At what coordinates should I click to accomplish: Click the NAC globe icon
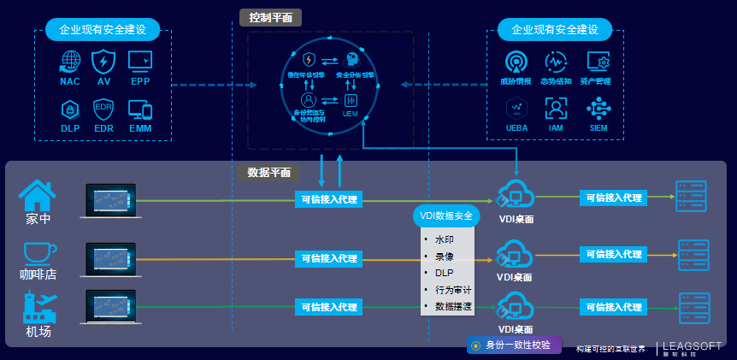70,61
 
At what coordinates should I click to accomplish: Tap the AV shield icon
103,61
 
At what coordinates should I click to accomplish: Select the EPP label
140,82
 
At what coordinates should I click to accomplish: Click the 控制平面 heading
270,17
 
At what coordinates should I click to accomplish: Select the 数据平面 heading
268,172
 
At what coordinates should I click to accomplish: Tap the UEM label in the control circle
350,113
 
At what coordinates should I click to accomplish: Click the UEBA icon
516,108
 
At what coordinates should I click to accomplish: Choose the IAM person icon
556,108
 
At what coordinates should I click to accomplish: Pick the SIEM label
598,128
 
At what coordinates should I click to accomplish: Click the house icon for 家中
37,195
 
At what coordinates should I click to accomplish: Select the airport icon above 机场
39,306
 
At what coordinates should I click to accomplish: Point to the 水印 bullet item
444,239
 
